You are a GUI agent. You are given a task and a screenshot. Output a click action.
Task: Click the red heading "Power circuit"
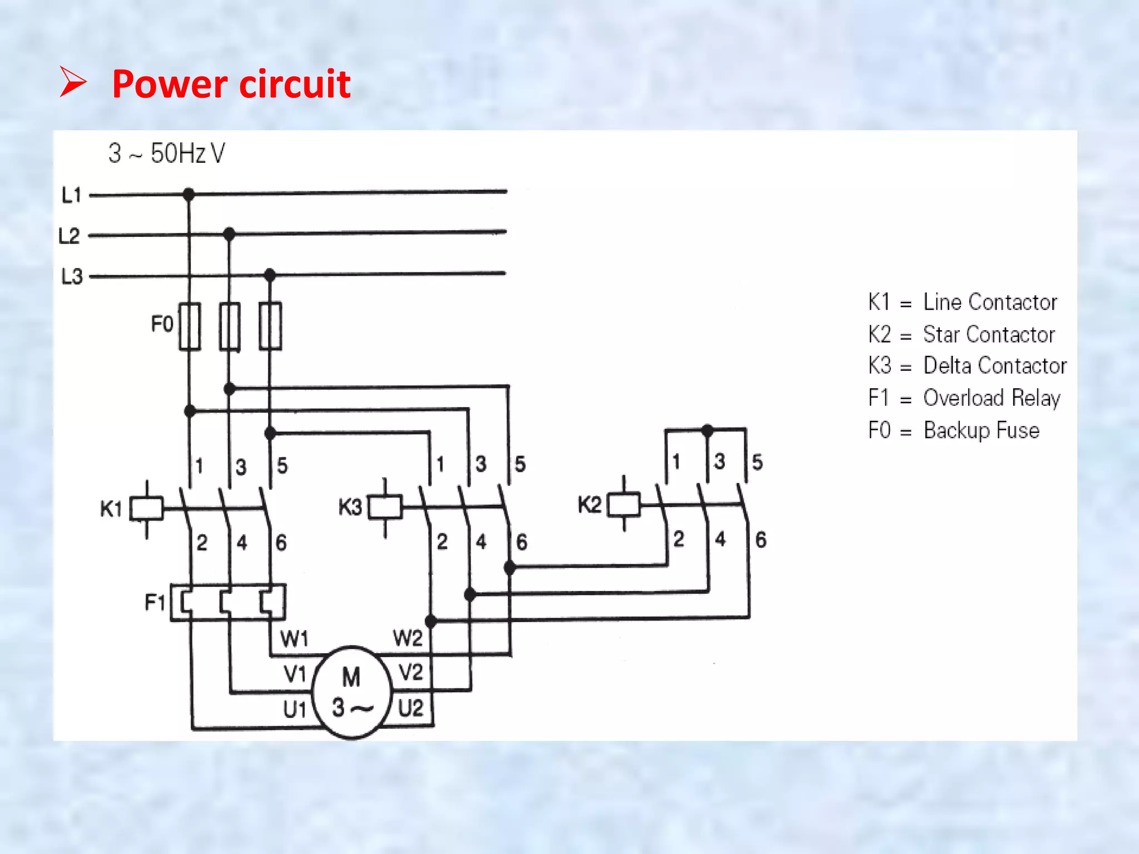click(x=231, y=84)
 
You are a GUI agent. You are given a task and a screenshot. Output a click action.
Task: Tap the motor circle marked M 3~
click(x=351, y=692)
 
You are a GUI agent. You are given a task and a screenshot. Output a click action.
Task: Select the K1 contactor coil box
click(x=146, y=508)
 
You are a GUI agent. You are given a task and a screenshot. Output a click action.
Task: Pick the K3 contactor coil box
click(x=385, y=507)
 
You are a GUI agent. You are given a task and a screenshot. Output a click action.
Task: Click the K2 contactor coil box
click(x=623, y=505)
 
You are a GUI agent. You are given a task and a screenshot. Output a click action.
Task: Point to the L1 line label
click(x=71, y=195)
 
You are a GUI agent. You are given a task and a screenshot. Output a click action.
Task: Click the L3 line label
click(x=72, y=276)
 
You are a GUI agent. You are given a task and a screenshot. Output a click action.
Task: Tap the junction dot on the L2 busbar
click(x=229, y=234)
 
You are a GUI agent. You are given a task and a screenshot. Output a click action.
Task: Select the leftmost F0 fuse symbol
click(x=190, y=326)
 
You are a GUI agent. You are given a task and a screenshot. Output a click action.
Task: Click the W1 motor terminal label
click(x=294, y=639)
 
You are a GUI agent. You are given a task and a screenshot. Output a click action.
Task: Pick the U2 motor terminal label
click(x=411, y=708)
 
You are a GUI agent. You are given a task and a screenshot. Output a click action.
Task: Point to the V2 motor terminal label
click(x=411, y=672)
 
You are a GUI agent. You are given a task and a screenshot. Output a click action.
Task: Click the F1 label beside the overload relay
click(x=155, y=602)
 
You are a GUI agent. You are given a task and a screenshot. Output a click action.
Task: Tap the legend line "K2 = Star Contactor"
click(x=961, y=335)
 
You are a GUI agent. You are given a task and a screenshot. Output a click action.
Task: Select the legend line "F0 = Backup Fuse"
click(x=953, y=430)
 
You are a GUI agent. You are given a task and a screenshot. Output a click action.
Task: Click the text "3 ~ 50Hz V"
click(x=166, y=153)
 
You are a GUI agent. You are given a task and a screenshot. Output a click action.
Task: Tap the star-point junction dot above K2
click(x=707, y=430)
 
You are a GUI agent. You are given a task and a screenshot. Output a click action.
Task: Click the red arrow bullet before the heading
click(x=73, y=82)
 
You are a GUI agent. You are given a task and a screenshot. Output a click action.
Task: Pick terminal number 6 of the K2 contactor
click(x=761, y=539)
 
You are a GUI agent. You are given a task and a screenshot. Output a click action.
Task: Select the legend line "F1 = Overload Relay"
click(x=964, y=398)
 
